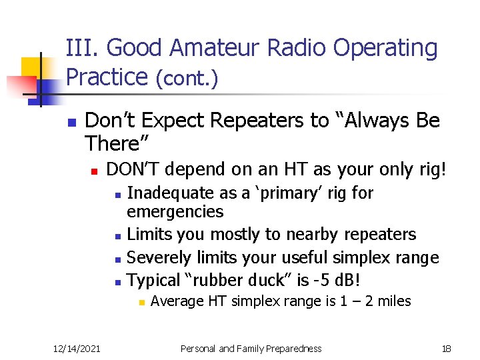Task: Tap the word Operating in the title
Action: pos(385,49)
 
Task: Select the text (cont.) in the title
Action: pos(186,79)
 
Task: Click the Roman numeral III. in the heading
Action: pos(83,49)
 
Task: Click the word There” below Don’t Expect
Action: pos(117,143)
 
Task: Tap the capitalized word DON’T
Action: pos(132,169)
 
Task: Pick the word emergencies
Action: pos(175,212)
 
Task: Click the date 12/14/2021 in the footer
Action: pos(77,348)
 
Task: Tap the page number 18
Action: pos(446,348)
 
